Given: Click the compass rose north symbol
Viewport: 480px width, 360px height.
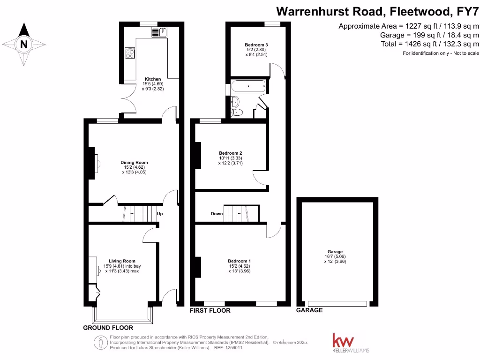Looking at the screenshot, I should [23, 45].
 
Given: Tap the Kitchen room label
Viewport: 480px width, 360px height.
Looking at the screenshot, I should [153, 79].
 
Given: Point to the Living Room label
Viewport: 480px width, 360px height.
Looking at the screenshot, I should [122, 261].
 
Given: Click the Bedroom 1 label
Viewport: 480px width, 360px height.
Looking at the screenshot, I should [240, 261].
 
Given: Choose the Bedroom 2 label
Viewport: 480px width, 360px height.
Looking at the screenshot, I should [231, 153].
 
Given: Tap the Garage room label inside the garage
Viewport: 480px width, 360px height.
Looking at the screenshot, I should [335, 252].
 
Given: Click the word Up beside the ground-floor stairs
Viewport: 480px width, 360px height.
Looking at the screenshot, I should [160, 214].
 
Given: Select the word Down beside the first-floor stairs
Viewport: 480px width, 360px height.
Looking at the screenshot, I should [217, 214].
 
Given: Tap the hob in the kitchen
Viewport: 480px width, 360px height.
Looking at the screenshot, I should [130, 52].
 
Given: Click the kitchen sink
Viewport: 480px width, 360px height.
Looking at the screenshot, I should [158, 32].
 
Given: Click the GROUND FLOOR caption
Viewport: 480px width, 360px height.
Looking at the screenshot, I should [108, 328].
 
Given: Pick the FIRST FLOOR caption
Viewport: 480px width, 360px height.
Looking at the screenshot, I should [210, 310].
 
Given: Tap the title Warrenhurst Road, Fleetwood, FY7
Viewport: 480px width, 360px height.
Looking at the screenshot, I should [377, 10].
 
